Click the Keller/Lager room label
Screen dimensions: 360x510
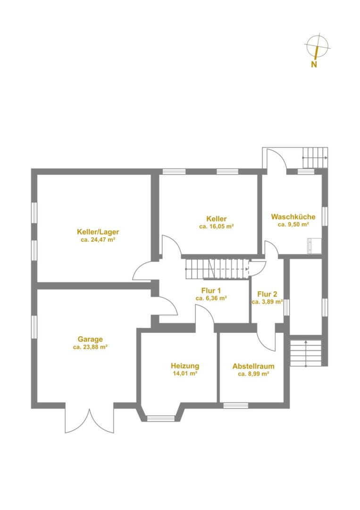pyautogui.click(x=98, y=232)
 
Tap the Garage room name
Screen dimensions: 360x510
pyautogui.click(x=90, y=339)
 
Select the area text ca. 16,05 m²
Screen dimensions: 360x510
pyautogui.click(x=217, y=227)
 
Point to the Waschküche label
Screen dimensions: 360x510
pyautogui.click(x=293, y=217)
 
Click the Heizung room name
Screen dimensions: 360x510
pyautogui.click(x=185, y=366)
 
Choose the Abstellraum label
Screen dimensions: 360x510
pyautogui.click(x=253, y=366)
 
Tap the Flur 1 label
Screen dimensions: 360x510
pyautogui.click(x=211, y=290)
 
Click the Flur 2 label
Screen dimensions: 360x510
pyautogui.click(x=267, y=294)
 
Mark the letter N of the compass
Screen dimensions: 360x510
pyautogui.click(x=314, y=64)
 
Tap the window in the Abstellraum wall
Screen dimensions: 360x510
pyautogui.click(x=235, y=405)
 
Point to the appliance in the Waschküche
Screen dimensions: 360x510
pyautogui.click(x=315, y=246)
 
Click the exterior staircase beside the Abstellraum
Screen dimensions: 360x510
pyautogui.click(x=305, y=353)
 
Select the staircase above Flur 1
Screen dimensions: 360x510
pyautogui.click(x=217, y=269)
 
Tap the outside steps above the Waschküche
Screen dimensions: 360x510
pyautogui.click(x=315, y=157)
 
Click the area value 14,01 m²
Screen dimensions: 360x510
pyautogui.click(x=185, y=374)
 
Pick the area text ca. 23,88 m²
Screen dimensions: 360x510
pyautogui.click(x=90, y=347)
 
